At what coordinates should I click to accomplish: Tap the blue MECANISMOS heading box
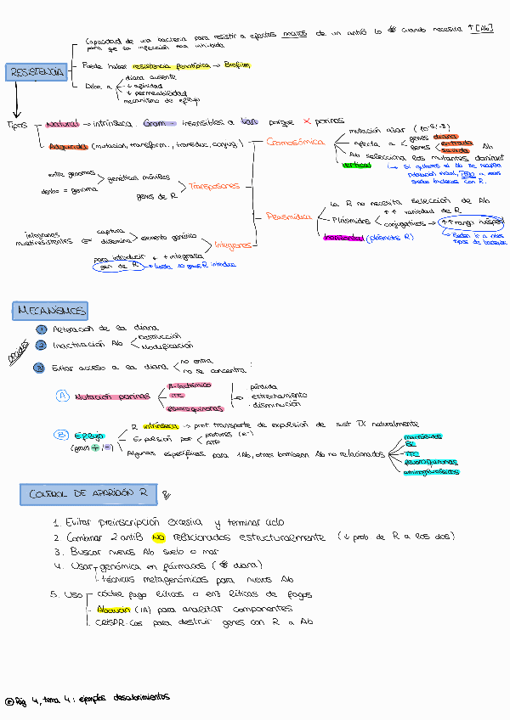tap(51, 311)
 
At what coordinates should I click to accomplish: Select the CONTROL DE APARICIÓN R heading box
tap(88, 493)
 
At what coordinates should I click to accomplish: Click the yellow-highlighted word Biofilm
tap(232, 65)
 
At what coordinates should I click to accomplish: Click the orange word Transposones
tap(213, 185)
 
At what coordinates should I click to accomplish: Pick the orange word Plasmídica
tap(287, 217)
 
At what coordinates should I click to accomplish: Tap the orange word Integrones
tap(233, 245)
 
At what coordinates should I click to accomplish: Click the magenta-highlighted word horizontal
tap(343, 238)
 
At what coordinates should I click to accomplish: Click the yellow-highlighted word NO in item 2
tap(157, 537)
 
